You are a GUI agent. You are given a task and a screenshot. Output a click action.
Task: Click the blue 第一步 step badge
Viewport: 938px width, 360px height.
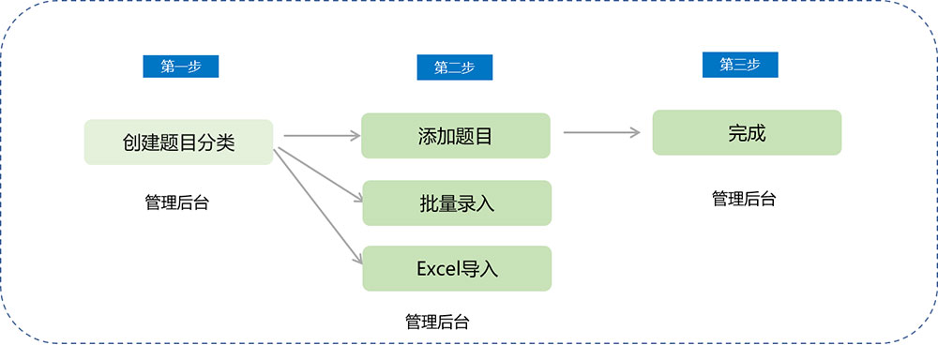180,67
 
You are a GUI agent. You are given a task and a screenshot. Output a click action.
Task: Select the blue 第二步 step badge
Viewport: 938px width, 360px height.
454,67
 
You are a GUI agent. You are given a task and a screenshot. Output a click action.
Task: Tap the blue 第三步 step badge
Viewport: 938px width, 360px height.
740,65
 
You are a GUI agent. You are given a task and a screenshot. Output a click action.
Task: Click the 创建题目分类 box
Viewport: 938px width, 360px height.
178,142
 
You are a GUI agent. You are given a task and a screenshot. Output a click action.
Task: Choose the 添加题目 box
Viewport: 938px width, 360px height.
456,136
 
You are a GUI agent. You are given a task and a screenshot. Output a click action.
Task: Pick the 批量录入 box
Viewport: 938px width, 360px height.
456,202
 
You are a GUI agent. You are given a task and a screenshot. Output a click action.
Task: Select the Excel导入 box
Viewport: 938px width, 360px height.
456,269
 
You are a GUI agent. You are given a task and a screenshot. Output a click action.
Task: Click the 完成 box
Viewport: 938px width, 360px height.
747,133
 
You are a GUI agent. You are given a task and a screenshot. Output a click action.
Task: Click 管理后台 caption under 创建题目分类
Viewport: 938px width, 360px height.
176,202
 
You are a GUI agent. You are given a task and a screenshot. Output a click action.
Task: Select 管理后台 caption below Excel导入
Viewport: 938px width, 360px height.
437,322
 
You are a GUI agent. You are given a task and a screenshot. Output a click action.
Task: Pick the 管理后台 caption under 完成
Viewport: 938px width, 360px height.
744,199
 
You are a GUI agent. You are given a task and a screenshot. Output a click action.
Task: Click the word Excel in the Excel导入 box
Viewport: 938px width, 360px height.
438,269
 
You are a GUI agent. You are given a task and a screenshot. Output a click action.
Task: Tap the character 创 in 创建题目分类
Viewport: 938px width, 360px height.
132,142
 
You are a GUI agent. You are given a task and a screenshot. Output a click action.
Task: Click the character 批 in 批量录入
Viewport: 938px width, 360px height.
428,202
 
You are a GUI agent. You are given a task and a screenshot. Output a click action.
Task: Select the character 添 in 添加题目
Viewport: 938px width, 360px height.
428,136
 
